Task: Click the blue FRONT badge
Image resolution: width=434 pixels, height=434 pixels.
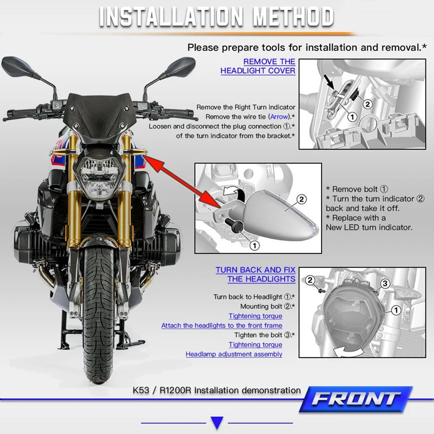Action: pyautogui.click(x=356, y=399)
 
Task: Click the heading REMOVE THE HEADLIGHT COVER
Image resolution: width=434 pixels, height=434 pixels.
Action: pyautogui.click(x=258, y=66)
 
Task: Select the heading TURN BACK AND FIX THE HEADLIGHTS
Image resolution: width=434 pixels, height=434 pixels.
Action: pyautogui.click(x=256, y=275)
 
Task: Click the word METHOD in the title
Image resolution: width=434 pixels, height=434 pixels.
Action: pyautogui.click(x=293, y=17)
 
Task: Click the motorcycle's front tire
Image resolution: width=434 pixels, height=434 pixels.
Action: pyautogui.click(x=98, y=313)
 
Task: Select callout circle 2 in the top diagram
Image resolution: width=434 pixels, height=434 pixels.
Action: pyautogui.click(x=368, y=104)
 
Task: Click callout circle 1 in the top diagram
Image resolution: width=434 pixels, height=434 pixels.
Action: pyautogui.click(x=352, y=117)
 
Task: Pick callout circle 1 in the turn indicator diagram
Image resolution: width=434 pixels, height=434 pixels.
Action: pyautogui.click(x=254, y=245)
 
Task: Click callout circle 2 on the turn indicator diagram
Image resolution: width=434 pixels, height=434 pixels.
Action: pyautogui.click(x=302, y=199)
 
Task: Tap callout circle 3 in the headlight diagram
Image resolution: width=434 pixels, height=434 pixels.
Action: pyautogui.click(x=385, y=283)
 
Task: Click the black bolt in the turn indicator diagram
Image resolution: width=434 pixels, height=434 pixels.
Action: pyautogui.click(x=234, y=225)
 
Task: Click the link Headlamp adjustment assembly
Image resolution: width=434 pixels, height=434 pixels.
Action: pyautogui.click(x=234, y=354)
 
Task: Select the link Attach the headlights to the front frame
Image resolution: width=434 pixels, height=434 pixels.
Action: pyautogui.click(x=222, y=325)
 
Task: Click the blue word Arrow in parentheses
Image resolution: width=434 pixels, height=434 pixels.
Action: pyautogui.click(x=279, y=117)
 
